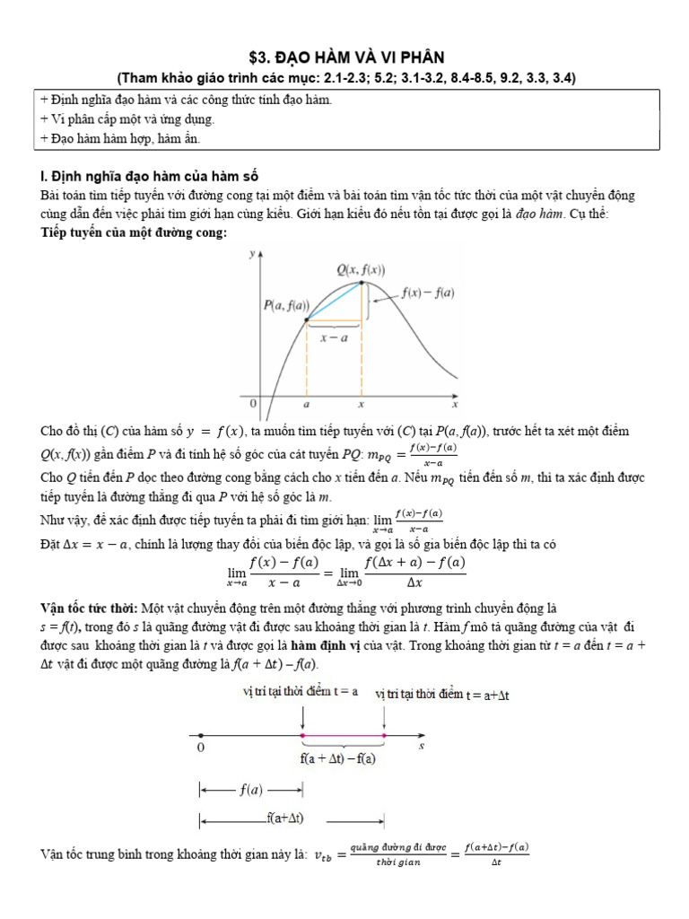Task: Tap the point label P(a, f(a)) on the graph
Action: pyautogui.click(x=286, y=305)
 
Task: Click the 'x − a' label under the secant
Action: pyautogui.click(x=334, y=337)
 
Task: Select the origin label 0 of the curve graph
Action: pyautogui.click(x=254, y=405)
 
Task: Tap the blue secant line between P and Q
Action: pyautogui.click(x=334, y=302)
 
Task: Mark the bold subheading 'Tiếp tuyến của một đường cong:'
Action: pyautogui.click(x=135, y=232)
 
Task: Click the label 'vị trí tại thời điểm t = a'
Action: pyautogui.click(x=301, y=691)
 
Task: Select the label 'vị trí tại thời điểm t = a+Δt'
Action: pyautogui.click(x=442, y=695)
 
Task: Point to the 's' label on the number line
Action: pyautogui.click(x=421, y=745)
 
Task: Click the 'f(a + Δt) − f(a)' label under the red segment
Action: pyautogui.click(x=338, y=758)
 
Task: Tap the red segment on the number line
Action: pyautogui.click(x=343, y=736)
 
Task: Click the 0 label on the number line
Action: pyautogui.click(x=200, y=747)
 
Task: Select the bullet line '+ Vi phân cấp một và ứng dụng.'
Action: pyautogui.click(x=127, y=118)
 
